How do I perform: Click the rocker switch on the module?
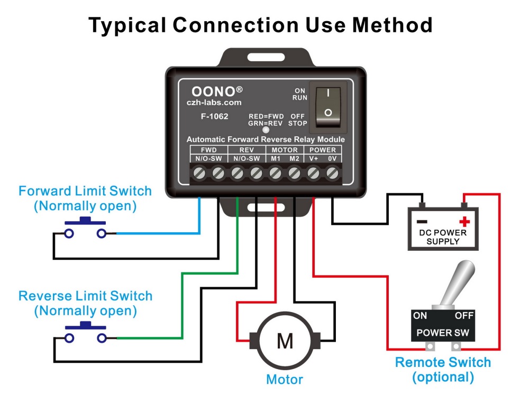point(328,103)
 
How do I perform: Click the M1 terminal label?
point(276,158)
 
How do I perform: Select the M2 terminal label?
point(294,158)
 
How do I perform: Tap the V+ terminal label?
point(313,158)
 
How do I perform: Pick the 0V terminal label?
point(332,158)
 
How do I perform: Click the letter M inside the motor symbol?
point(285,342)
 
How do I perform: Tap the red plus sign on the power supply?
point(464,221)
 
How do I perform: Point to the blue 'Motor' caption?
point(285,379)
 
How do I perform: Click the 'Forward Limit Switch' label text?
point(85,191)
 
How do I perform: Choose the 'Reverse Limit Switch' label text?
point(85,296)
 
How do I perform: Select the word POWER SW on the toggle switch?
point(442,333)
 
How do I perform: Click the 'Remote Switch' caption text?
point(443,363)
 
